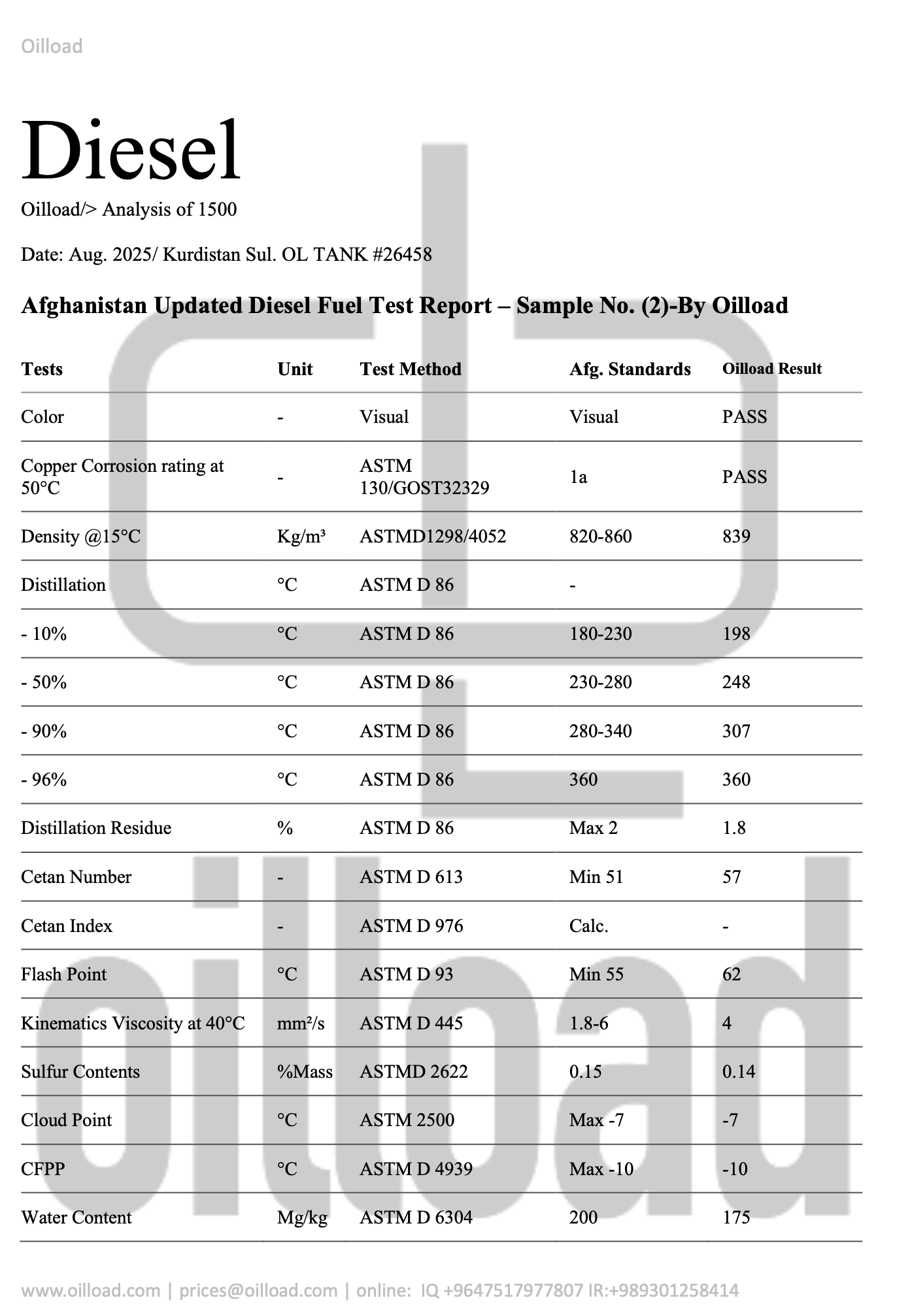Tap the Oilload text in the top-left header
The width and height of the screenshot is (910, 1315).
52,46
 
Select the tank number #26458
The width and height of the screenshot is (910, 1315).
402,254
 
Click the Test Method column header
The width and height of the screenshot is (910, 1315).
410,369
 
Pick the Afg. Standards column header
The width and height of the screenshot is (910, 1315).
630,369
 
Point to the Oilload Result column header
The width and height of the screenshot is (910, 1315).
771,369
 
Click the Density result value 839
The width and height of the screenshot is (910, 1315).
736,537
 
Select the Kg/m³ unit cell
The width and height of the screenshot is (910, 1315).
301,537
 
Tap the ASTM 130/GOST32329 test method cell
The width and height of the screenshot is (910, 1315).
424,476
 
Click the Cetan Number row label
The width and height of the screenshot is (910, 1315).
76,877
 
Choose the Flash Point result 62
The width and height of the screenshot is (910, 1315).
732,974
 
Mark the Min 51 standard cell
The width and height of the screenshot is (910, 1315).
596,877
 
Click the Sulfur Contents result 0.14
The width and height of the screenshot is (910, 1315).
738,1072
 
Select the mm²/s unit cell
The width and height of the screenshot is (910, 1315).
300,1024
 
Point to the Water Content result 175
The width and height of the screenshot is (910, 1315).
736,1218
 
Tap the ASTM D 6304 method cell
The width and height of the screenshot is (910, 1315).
416,1218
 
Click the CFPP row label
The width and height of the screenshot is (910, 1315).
42,1169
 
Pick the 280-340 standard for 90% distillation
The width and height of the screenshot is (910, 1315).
600,731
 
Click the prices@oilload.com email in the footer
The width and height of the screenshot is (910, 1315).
258,1291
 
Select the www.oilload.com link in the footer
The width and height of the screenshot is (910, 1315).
90,1291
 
